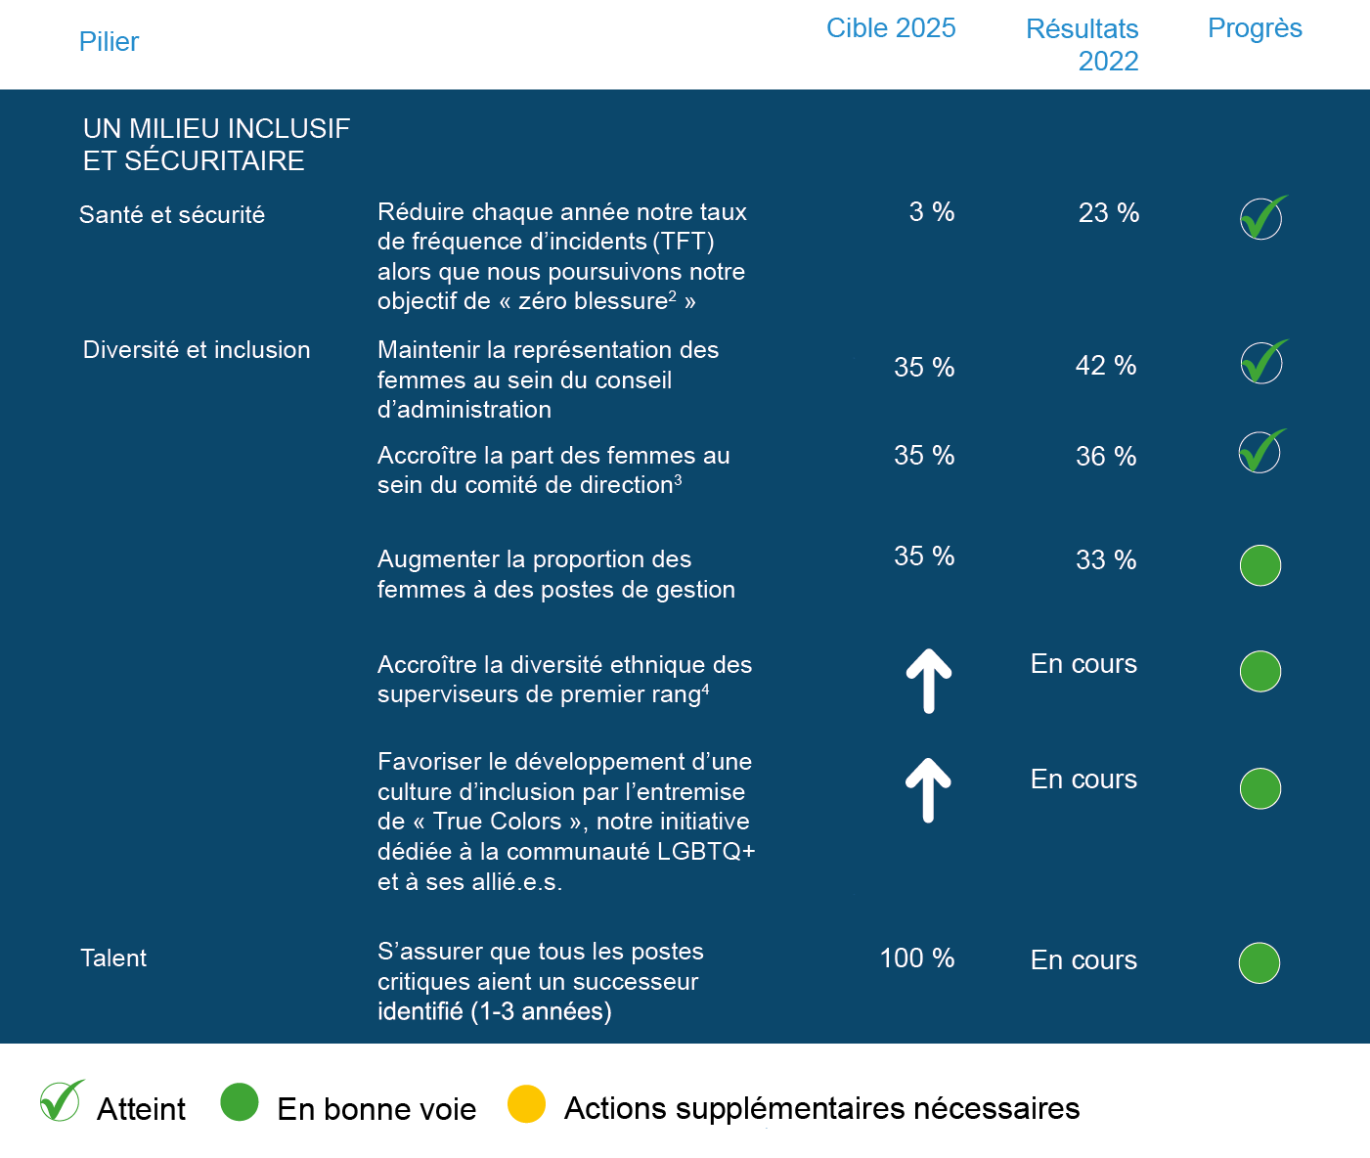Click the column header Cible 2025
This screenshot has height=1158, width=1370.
tap(890, 28)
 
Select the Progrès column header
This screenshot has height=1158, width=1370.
tap(1255, 28)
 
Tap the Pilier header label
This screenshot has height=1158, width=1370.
tap(109, 42)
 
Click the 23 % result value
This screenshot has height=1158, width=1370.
tap(1108, 213)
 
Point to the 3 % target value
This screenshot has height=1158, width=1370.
tap(931, 212)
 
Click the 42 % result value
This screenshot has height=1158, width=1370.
tap(1105, 366)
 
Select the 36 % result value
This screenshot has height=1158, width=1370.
tap(1105, 457)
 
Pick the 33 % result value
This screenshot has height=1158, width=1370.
tap(1105, 560)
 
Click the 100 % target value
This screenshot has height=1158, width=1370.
tap(916, 958)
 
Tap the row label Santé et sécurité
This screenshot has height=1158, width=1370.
tap(172, 215)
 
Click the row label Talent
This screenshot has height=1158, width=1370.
tap(113, 958)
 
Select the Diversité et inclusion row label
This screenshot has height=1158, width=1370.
tap(197, 350)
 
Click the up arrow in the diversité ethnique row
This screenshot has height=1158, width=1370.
tap(928, 681)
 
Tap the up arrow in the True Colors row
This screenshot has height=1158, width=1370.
tap(928, 790)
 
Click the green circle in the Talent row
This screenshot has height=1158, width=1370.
tap(1259, 963)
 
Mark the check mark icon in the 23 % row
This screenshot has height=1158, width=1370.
tap(1262, 217)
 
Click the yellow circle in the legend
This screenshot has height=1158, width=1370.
tap(526, 1104)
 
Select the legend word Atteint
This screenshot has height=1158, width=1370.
tap(141, 1109)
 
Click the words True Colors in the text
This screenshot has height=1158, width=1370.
tap(497, 822)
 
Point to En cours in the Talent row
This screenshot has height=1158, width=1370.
tap(1083, 960)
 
